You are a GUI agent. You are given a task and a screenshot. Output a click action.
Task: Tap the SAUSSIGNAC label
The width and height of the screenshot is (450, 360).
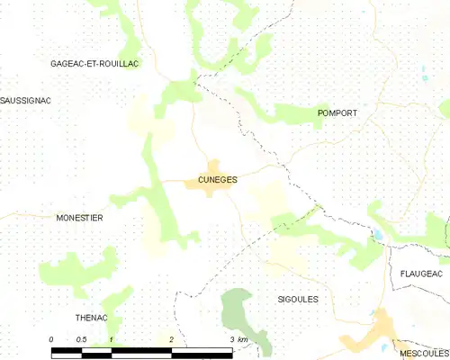coord(25,100)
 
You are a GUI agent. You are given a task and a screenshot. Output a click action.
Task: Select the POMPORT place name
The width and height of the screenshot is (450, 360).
coord(337,112)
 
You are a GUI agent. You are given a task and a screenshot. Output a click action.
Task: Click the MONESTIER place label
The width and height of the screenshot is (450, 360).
coord(79,218)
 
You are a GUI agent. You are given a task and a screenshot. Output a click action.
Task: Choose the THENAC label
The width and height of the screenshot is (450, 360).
coord(91,317)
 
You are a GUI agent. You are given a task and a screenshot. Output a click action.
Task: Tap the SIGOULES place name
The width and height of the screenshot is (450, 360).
coord(299,298)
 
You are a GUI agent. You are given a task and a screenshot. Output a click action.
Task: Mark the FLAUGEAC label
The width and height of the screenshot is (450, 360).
coord(418,272)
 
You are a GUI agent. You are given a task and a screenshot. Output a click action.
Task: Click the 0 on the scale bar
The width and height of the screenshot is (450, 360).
coord(52,338)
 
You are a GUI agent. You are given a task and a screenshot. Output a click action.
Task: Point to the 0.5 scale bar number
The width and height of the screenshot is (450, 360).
coord(81,338)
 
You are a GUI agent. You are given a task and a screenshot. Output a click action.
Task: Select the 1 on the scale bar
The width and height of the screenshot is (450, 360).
coord(111,338)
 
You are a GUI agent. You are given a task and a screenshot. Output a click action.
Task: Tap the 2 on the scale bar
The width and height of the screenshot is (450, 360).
coord(171,338)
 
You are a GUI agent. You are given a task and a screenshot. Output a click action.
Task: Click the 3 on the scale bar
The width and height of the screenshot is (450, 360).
coord(231,338)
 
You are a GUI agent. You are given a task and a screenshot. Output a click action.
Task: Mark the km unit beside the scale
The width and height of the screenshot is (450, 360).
coord(242,338)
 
